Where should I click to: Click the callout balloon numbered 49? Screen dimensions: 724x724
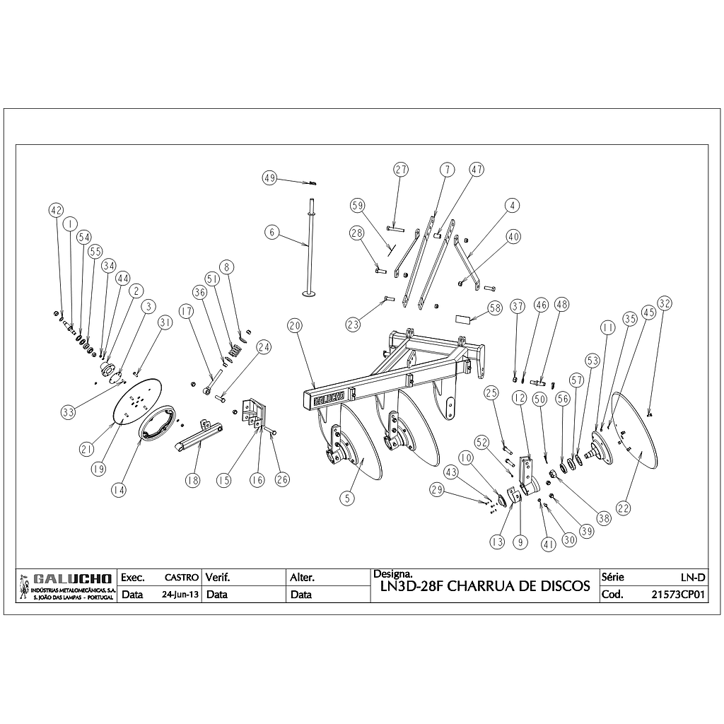pos(269,177)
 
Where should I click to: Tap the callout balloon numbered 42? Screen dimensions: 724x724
pos(57,209)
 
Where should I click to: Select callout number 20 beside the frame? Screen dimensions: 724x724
pos(295,325)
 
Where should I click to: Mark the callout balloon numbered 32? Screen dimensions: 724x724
pos(664,303)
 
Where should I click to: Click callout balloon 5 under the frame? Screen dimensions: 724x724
pos(346,498)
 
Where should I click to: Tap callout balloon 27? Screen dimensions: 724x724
pos(402,170)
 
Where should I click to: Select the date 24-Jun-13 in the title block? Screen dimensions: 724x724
pos(180,595)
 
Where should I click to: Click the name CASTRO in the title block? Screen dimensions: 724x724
pos(181,578)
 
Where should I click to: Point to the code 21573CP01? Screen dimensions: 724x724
pos(679,595)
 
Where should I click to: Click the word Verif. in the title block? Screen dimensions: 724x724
pos(217,578)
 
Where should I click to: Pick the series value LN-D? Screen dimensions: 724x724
pos(691,578)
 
